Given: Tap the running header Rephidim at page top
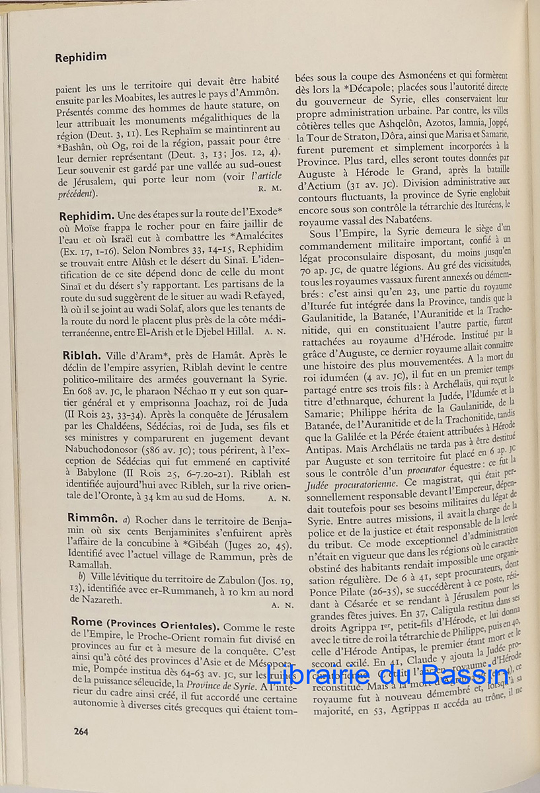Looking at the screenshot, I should click(x=81, y=57).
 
